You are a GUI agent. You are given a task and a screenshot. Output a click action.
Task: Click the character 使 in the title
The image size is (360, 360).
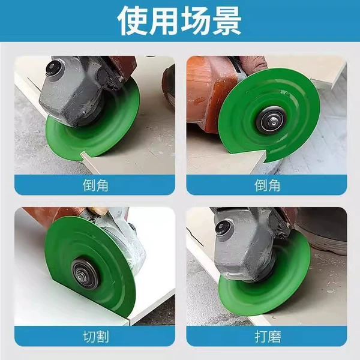(133, 20)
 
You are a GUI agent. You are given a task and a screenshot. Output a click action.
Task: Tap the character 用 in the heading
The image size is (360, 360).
(164, 20)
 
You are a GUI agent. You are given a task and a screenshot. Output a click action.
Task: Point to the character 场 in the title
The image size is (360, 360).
(196, 20)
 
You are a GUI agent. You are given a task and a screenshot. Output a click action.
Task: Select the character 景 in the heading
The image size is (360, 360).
(226, 20)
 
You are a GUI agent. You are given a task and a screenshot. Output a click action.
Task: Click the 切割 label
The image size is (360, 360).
(95, 337)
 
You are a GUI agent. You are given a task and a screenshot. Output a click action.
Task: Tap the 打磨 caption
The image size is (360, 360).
(268, 337)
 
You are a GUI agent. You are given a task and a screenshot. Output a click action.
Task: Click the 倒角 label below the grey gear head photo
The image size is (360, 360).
(95, 185)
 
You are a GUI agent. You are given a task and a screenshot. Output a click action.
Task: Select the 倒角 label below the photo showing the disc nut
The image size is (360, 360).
(267, 185)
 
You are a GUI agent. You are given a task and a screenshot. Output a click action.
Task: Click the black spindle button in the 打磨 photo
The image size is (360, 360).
(221, 227)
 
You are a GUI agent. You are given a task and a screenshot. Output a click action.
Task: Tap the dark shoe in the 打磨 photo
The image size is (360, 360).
(326, 232)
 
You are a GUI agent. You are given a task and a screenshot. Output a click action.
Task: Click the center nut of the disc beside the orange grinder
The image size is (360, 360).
(271, 121)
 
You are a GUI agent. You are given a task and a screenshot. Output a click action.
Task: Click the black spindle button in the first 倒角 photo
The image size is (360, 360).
(52, 67)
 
